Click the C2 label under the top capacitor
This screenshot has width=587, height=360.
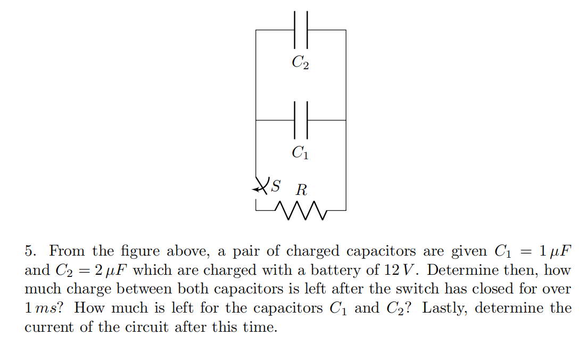pos(300,63)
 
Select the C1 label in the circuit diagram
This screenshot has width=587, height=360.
pos(300,153)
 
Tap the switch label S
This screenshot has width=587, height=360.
pos(275,186)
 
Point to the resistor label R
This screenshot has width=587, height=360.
pos(302,190)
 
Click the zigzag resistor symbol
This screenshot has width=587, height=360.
pos(301,210)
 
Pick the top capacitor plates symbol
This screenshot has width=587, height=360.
pos(301,30)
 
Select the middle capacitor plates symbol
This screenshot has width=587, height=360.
pos(301,120)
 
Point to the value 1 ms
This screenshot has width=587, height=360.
pos(40,308)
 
